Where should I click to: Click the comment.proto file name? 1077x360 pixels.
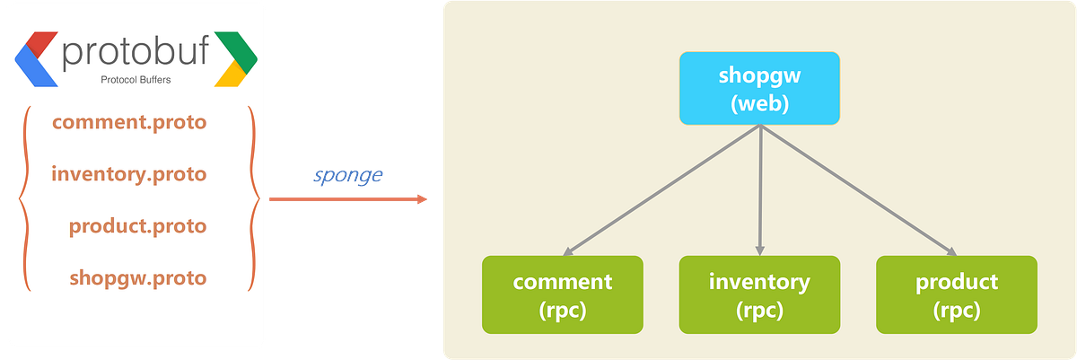129,122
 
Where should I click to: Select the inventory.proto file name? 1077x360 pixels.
129,173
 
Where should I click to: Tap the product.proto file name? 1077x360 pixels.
137,225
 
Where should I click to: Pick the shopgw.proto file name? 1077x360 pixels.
137,277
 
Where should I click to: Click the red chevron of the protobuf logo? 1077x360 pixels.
39,41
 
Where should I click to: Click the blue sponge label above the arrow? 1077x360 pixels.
347,175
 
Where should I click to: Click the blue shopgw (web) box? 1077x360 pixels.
759,88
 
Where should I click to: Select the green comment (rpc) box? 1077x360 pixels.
562,294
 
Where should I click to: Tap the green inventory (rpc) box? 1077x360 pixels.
759,294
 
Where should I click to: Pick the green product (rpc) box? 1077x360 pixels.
956,294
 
